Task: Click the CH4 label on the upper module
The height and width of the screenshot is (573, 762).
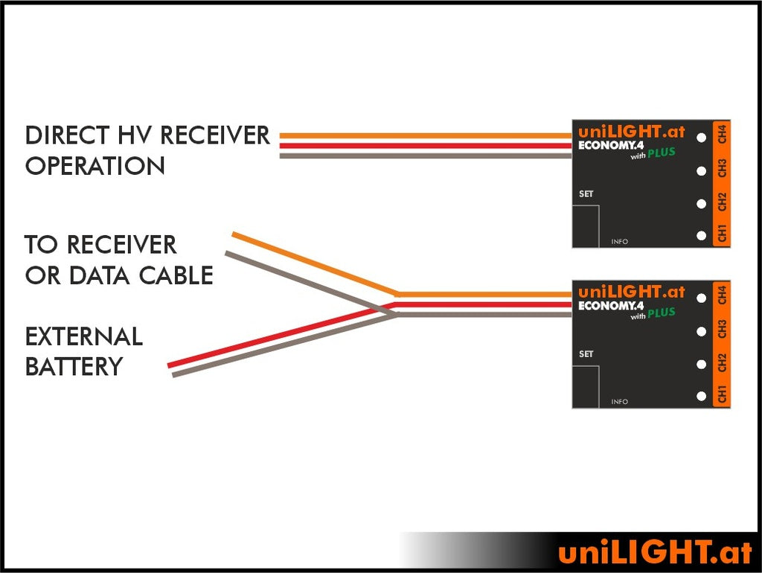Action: click(x=722, y=136)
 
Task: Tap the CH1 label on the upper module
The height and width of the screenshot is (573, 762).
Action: click(x=722, y=232)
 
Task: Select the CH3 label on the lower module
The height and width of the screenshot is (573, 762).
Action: click(x=722, y=329)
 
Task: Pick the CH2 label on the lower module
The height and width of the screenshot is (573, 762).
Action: click(x=722, y=363)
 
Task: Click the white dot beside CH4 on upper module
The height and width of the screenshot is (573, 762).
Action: click(x=701, y=138)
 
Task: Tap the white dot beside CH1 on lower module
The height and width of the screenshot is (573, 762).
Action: click(x=701, y=396)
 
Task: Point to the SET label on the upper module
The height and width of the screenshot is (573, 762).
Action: click(x=586, y=194)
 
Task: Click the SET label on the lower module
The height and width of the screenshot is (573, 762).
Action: click(x=586, y=354)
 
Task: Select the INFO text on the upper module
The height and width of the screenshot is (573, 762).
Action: click(x=619, y=242)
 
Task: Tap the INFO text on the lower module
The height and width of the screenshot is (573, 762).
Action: click(x=619, y=402)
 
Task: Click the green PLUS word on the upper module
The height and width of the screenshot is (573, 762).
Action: click(x=660, y=153)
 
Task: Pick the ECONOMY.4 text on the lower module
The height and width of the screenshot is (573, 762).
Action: click(x=611, y=306)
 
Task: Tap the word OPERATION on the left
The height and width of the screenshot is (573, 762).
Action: click(x=95, y=166)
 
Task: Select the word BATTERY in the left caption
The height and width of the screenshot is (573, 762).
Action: click(x=74, y=366)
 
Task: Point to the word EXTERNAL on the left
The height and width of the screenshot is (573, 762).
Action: click(x=83, y=336)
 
